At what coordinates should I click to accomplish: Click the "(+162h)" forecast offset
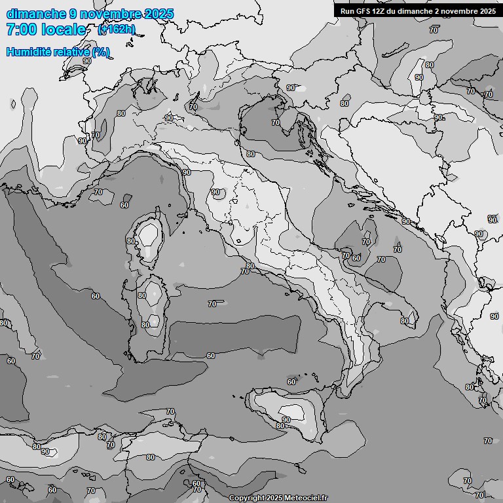[x=117, y=29]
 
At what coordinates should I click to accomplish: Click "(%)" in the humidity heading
[x=101, y=52]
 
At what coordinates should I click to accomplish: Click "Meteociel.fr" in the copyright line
[x=305, y=498]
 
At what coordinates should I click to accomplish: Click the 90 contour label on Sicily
[x=286, y=420]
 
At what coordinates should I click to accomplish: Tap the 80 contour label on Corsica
[x=131, y=241]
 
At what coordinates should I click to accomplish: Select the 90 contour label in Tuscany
[x=215, y=193]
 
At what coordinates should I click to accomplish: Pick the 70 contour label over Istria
[x=276, y=122]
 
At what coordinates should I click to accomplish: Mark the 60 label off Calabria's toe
[x=291, y=382]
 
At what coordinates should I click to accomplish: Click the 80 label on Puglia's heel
[x=405, y=321]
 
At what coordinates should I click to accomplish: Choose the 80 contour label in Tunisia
[x=151, y=457]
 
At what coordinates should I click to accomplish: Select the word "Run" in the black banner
[x=348, y=11]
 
